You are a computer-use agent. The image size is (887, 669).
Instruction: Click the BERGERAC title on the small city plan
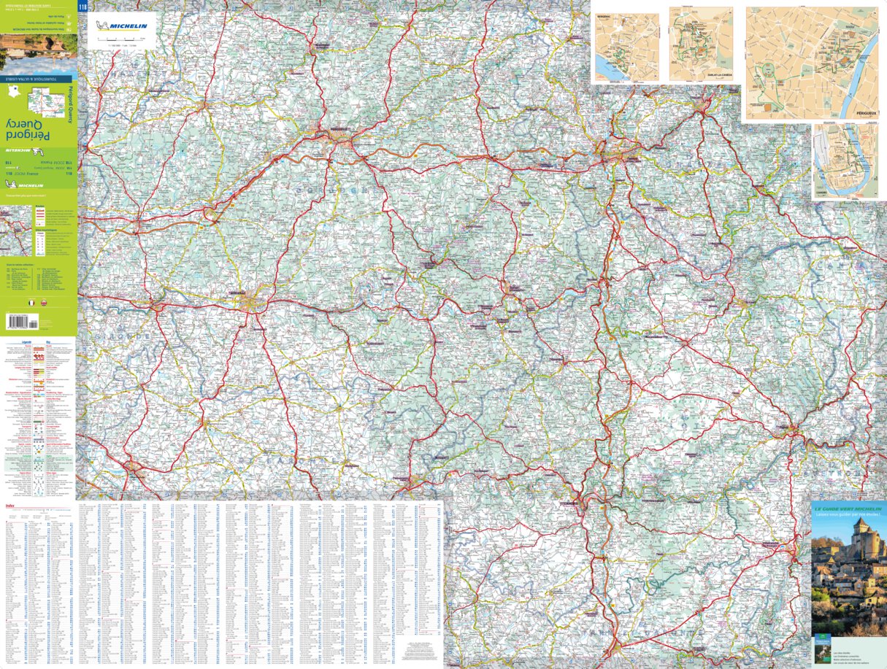coord(602,15)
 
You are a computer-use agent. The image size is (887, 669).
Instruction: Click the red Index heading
coord(9,505)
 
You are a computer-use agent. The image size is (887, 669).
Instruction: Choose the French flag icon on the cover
coord(31,301)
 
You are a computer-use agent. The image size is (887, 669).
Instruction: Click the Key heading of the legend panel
coord(48,341)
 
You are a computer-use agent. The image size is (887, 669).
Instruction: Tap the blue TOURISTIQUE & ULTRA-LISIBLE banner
coord(38,77)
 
